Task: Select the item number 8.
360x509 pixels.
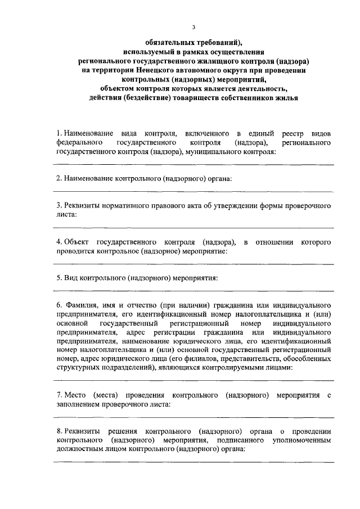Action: click(58, 431)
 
